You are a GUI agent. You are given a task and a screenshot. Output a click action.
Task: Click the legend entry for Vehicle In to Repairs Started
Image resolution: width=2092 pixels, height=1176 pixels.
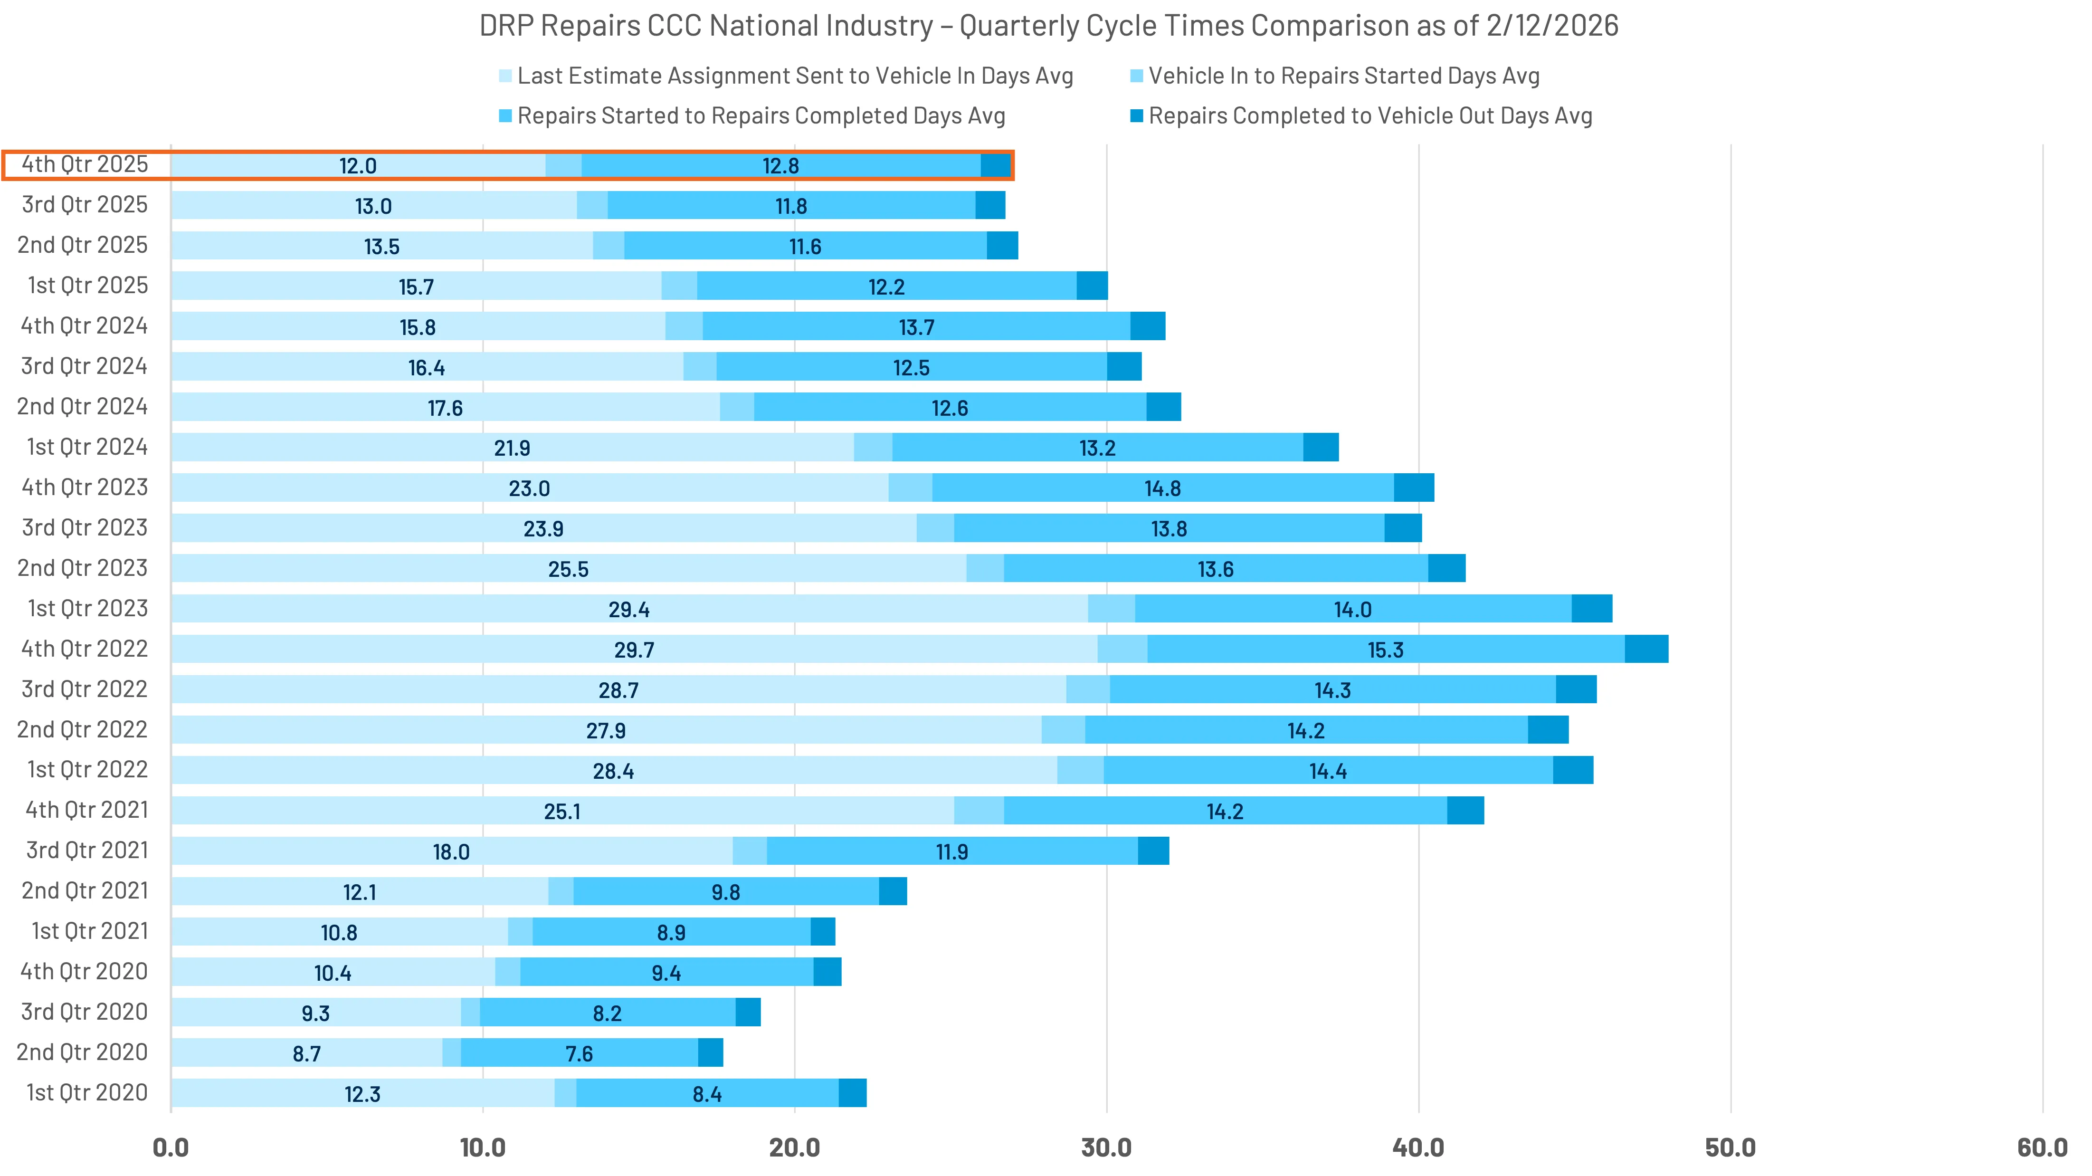1343,76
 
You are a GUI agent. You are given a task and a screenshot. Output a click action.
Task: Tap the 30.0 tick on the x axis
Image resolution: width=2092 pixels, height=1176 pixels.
1106,1147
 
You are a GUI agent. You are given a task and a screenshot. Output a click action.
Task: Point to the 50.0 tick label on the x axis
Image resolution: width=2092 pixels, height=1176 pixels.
1730,1147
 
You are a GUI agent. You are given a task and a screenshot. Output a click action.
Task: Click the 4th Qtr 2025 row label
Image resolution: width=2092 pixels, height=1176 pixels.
85,164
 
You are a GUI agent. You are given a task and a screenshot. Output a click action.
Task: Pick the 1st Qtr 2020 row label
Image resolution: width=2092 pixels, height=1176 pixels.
87,1092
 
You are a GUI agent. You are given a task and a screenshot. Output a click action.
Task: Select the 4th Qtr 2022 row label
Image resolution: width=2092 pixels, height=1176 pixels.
85,649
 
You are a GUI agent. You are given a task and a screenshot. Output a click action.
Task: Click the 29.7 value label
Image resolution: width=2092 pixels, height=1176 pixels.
634,650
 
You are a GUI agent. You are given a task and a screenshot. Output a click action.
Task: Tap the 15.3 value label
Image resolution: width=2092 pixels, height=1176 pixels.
1386,650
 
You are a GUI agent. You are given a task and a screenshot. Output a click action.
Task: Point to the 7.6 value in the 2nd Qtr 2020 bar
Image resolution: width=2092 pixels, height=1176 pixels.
579,1053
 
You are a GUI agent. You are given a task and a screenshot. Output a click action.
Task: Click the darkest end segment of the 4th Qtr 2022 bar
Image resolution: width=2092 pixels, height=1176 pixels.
1646,649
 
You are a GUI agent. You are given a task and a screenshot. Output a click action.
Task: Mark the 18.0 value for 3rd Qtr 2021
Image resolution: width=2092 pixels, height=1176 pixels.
451,852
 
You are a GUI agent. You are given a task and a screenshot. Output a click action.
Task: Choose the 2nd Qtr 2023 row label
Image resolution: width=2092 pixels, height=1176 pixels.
82,568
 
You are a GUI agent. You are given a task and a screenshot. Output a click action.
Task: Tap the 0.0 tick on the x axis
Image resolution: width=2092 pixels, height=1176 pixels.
171,1147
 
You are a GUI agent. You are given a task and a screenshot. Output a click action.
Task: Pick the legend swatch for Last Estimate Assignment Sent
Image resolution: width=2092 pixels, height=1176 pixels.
505,76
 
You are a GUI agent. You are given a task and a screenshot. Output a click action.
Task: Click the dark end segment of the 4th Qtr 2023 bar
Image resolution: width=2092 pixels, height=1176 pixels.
1414,488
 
